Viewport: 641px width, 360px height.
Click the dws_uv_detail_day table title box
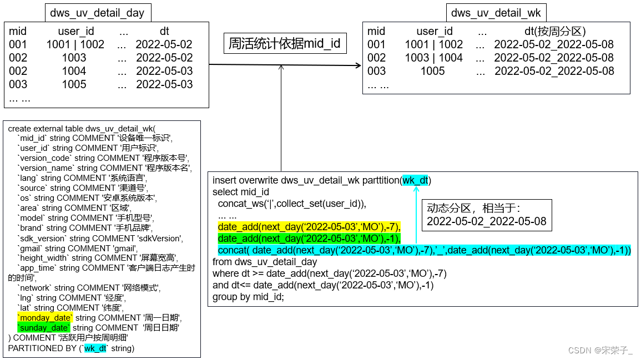point(97,13)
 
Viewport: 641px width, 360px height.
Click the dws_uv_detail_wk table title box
point(496,13)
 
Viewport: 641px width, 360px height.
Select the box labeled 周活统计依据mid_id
point(285,43)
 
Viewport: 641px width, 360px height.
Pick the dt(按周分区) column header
point(554,31)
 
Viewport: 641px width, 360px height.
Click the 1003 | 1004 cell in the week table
point(433,58)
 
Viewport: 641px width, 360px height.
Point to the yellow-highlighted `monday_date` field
point(44,318)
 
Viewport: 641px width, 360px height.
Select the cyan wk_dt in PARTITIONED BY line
point(95,348)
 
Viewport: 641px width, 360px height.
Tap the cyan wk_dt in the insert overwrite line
point(416,180)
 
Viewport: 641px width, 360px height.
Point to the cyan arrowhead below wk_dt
point(416,190)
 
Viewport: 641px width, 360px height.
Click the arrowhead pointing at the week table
point(358,65)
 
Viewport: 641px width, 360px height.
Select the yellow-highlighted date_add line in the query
point(309,227)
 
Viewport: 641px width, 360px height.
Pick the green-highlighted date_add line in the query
point(309,239)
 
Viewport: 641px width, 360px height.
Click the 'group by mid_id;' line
point(248,297)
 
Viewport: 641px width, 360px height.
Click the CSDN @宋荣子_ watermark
point(600,350)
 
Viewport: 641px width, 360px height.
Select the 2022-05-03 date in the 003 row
point(164,84)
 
